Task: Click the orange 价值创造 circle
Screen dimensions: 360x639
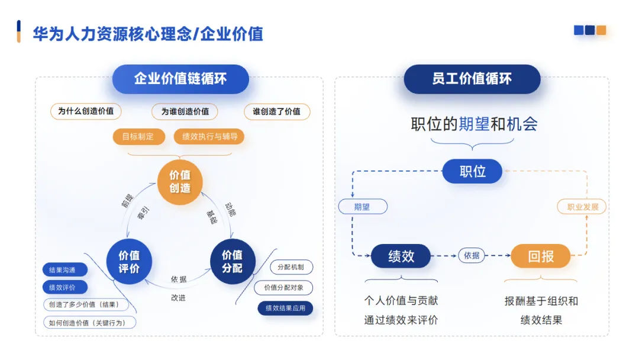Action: pos(180,182)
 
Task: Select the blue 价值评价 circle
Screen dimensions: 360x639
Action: pos(129,261)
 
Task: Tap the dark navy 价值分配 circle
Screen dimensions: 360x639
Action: pos(232,261)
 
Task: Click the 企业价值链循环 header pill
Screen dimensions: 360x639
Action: pos(180,79)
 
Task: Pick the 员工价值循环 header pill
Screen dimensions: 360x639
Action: pos(472,79)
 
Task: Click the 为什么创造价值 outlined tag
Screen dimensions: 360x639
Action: pos(86,111)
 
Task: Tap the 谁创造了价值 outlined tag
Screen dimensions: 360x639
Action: pos(276,111)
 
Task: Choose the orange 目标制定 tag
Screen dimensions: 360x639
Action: pos(138,137)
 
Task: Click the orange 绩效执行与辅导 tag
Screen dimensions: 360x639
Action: pos(209,137)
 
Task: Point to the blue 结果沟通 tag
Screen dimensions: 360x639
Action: pos(65,270)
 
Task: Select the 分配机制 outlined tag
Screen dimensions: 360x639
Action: pos(291,267)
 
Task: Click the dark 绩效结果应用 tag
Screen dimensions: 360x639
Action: pos(285,308)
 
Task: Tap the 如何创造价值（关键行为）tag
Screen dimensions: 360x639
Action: pos(89,323)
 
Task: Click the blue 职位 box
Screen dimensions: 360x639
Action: pos(472,172)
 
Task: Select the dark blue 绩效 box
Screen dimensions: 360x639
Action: pos(401,256)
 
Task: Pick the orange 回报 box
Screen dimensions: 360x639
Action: pos(540,256)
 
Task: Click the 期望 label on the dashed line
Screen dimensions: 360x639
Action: pos(362,207)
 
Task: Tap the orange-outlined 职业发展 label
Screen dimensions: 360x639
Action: pos(582,207)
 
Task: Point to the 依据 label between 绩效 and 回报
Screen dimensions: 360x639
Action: pos(472,256)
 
